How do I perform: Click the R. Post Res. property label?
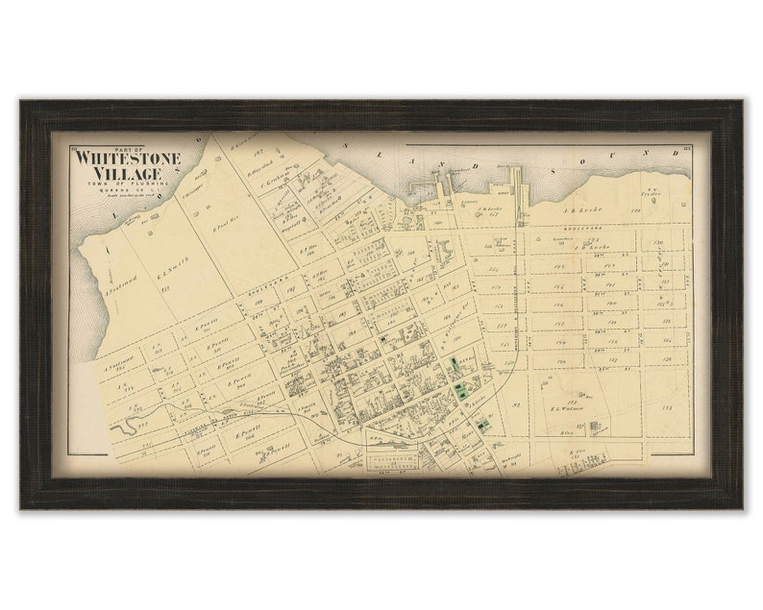(x=224, y=231)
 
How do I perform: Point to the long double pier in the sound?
(x=517, y=184)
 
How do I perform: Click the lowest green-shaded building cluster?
(x=483, y=424)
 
